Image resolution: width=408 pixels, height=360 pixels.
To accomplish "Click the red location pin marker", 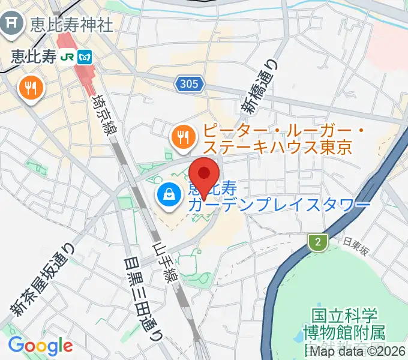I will click(x=204, y=175).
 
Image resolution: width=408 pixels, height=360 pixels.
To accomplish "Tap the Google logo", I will click(x=40, y=345).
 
